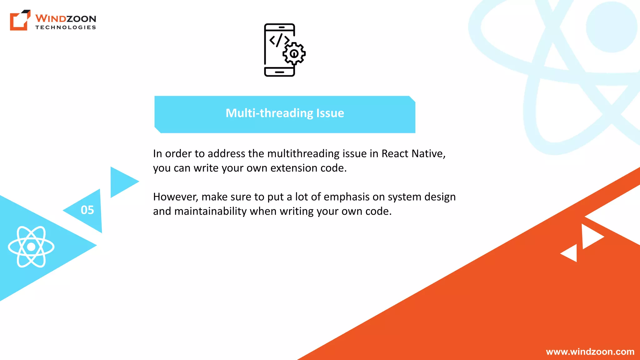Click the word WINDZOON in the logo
point(66,18)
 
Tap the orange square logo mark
point(20,20)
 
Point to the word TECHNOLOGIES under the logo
point(66,27)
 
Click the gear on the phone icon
point(294,54)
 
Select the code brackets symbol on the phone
point(279,40)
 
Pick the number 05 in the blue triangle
point(87,210)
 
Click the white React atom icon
point(31,247)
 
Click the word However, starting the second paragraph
point(176,197)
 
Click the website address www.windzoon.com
point(590,352)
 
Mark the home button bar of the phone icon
point(279,72)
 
